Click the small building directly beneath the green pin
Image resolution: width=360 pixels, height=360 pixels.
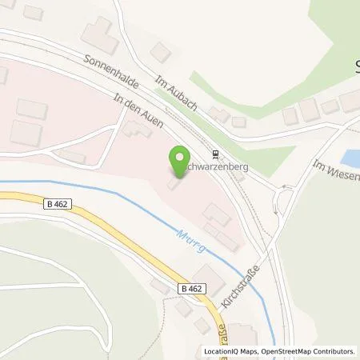174,185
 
